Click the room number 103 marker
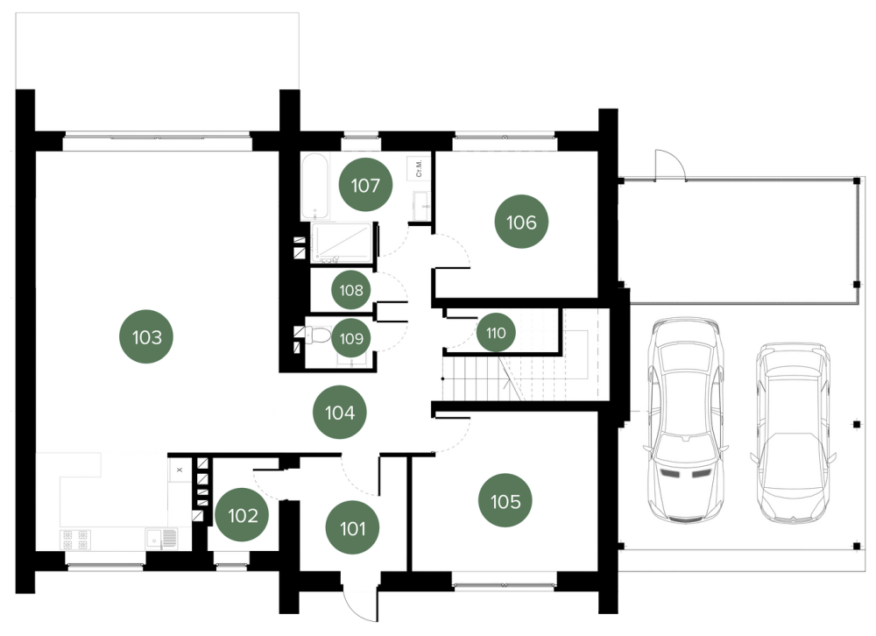point(147,337)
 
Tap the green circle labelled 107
point(365,185)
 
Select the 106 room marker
point(521,222)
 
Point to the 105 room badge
point(505,501)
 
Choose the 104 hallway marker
point(340,413)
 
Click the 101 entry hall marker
point(352,527)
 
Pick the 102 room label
point(243,515)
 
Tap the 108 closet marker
point(351,290)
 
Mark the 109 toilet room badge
point(351,338)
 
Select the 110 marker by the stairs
point(496,333)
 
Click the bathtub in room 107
point(315,187)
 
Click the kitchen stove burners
point(74,540)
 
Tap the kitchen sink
point(161,538)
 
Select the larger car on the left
point(686,420)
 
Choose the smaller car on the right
point(794,433)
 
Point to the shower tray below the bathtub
point(342,243)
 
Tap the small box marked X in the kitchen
point(180,470)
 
